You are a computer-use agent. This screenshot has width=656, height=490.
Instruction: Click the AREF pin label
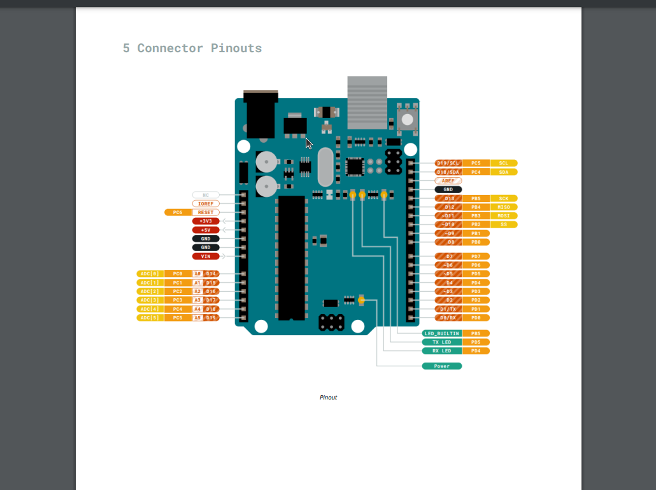(x=448, y=181)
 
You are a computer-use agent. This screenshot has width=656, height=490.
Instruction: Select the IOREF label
(x=205, y=203)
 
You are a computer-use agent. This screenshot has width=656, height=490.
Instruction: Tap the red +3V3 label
(x=205, y=221)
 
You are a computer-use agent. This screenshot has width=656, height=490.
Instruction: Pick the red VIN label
(x=205, y=256)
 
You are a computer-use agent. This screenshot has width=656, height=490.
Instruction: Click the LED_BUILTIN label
(x=441, y=333)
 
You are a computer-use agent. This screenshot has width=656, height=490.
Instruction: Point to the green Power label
(x=441, y=366)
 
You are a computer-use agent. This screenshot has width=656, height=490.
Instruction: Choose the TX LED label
(x=441, y=342)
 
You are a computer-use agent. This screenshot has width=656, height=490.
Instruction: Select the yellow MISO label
(x=504, y=207)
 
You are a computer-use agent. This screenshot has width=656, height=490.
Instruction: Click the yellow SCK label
(x=504, y=198)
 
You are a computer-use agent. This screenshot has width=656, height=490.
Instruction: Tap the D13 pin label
(x=448, y=198)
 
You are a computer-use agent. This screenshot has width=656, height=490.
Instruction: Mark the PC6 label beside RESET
(x=177, y=212)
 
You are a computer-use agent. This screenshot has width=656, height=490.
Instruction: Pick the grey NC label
(x=205, y=195)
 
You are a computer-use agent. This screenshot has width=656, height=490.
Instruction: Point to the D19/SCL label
(x=448, y=163)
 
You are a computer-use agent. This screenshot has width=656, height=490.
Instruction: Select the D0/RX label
(x=448, y=317)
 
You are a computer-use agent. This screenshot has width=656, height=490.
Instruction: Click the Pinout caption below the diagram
(x=328, y=398)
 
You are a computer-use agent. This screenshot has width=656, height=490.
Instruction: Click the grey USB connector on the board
(x=367, y=102)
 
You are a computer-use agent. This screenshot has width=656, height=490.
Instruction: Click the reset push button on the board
(x=407, y=119)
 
